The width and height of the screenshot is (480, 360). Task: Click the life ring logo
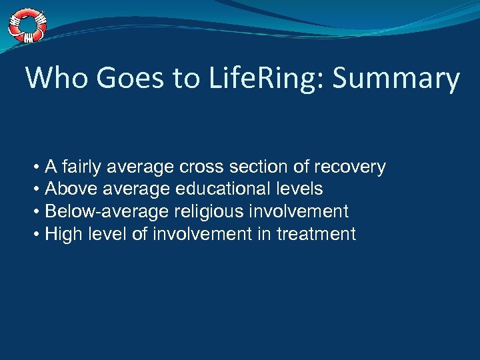click(x=27, y=25)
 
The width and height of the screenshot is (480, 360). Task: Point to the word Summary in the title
click(x=396, y=78)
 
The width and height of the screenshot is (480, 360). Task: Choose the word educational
click(x=222, y=189)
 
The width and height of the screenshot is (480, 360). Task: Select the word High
click(x=61, y=234)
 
